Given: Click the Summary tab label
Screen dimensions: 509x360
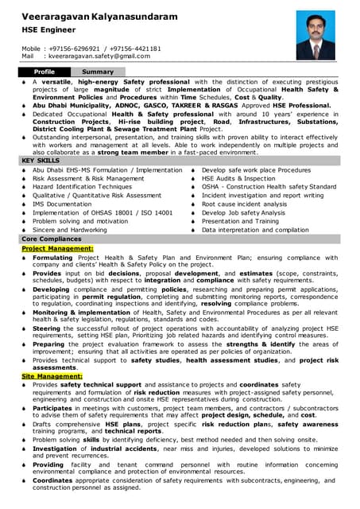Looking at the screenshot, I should tap(98, 72).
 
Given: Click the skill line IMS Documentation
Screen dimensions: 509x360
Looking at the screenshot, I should tap(62, 204).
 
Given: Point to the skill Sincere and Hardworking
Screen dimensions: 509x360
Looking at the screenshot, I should tap(69, 229).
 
